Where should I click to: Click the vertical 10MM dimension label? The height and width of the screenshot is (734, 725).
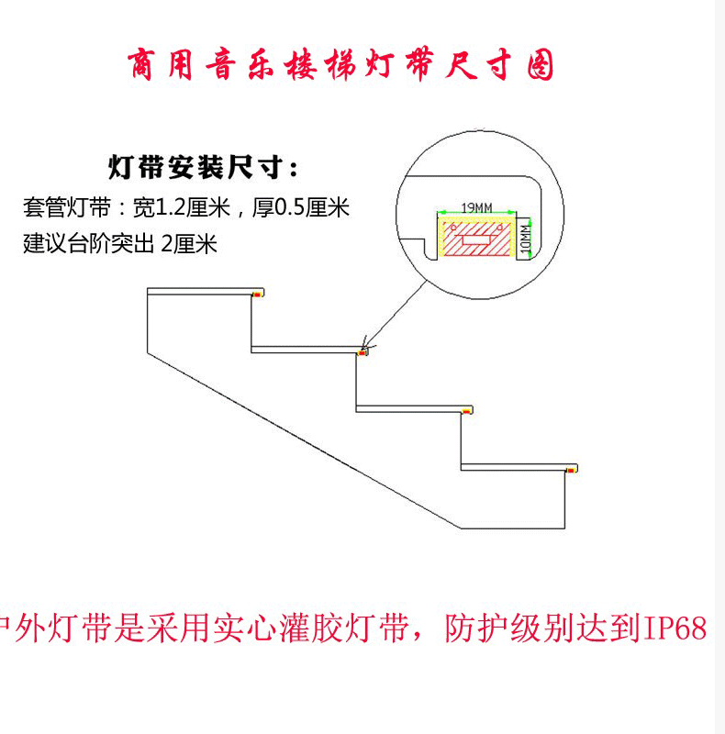[x=525, y=238]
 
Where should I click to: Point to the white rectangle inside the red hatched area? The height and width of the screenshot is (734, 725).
[x=478, y=241]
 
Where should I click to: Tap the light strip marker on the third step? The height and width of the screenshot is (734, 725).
[x=468, y=410]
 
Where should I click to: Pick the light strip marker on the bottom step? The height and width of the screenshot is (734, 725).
[x=573, y=470]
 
